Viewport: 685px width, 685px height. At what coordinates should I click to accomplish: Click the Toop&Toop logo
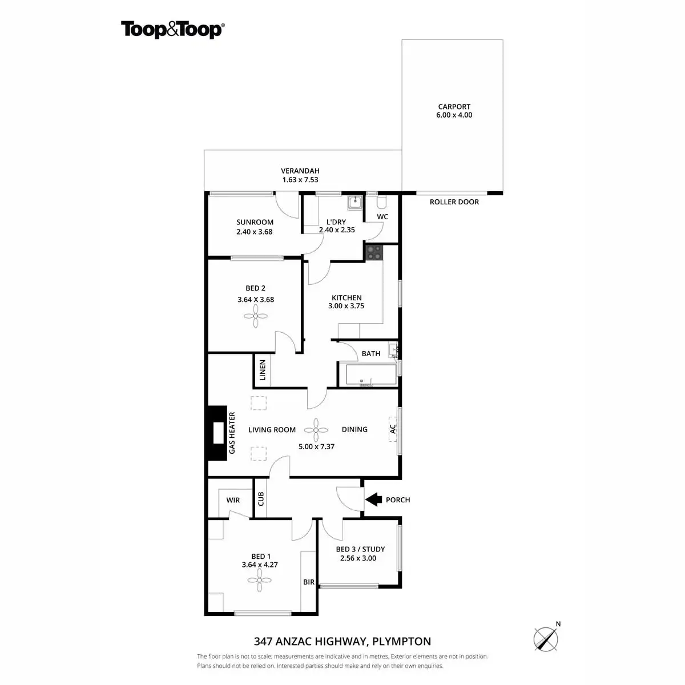172,29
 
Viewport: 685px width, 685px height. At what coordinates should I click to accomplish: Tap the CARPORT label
454,107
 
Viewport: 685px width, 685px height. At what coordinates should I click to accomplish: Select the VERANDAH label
300,171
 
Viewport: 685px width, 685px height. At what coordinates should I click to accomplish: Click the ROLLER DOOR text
454,202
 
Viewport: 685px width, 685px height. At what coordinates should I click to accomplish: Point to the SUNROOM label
255,222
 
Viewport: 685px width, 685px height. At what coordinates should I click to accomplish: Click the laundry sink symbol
354,202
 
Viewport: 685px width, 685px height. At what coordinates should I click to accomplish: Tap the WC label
382,217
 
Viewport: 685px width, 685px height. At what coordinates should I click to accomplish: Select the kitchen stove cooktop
374,252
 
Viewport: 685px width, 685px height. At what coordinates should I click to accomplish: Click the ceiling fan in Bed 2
255,316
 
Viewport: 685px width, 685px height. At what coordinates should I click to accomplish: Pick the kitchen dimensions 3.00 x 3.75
346,306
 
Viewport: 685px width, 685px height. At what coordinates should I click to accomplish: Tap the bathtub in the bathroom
368,375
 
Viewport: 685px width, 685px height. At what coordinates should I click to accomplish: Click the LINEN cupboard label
263,370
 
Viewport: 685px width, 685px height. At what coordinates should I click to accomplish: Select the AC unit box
392,429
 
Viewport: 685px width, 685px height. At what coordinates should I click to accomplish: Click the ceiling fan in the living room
316,429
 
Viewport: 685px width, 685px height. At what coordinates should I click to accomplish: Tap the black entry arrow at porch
373,499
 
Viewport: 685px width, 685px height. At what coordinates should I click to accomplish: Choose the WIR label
233,500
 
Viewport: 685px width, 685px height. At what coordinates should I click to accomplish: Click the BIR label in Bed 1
308,582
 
